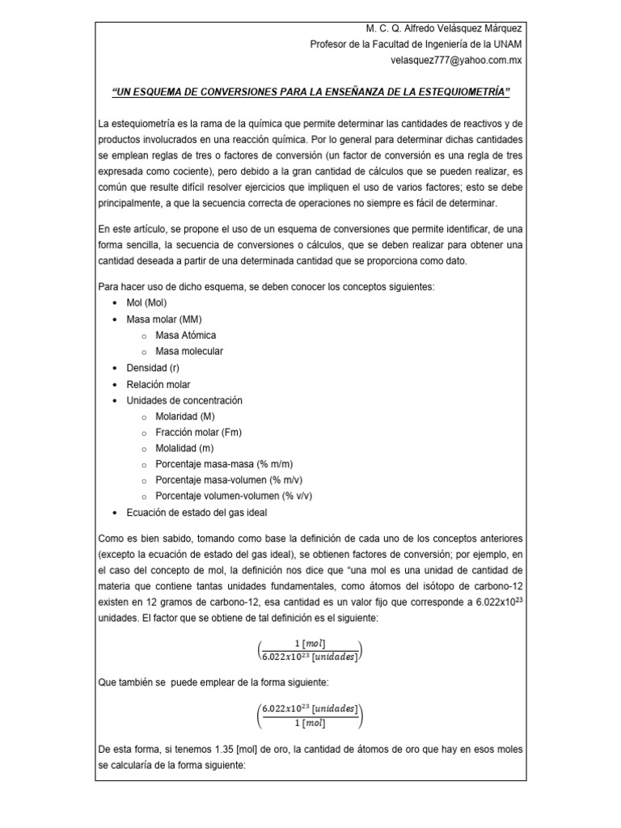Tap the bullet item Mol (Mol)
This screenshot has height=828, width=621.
(147, 303)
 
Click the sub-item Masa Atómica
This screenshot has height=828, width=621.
(186, 336)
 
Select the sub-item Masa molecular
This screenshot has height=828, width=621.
(189, 352)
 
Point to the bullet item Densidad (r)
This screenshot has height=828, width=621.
(153, 368)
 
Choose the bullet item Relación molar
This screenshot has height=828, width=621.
(158, 384)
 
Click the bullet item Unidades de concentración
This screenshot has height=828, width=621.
(184, 400)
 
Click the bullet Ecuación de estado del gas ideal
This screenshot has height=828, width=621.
(196, 513)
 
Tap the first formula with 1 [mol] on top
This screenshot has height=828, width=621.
(310, 648)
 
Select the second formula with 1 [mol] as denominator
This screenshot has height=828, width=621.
(310, 716)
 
